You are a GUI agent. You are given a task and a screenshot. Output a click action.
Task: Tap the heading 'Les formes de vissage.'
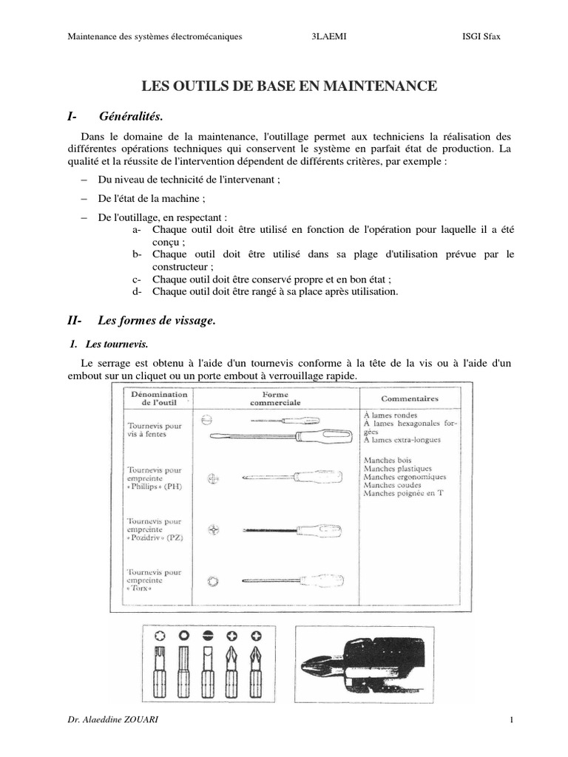156,320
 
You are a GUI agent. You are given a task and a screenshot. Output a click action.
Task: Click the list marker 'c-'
137,279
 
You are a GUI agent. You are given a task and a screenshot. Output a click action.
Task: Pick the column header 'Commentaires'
409,399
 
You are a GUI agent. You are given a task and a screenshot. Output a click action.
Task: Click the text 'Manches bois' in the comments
383,460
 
